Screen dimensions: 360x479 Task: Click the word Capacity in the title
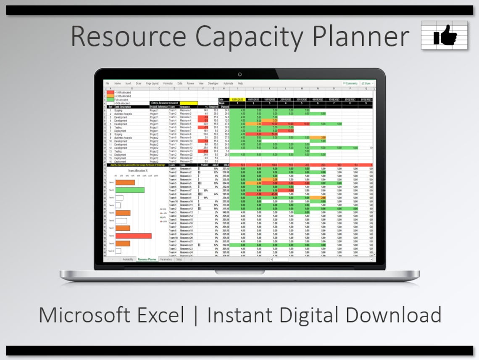(250, 36)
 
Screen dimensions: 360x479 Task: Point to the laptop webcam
(239, 74)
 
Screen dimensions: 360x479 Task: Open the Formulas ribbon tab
(168, 83)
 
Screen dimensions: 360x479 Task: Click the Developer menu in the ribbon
(213, 83)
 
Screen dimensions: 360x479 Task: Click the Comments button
(350, 83)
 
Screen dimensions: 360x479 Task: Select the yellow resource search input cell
(188, 103)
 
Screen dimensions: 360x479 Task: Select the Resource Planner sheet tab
(147, 259)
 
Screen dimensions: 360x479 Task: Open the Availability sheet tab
(128, 259)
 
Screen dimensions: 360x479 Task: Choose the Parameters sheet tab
(166, 259)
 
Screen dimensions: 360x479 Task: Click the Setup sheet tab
(179, 259)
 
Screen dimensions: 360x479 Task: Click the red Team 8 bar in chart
(133, 236)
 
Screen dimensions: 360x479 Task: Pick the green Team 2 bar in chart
(130, 190)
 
